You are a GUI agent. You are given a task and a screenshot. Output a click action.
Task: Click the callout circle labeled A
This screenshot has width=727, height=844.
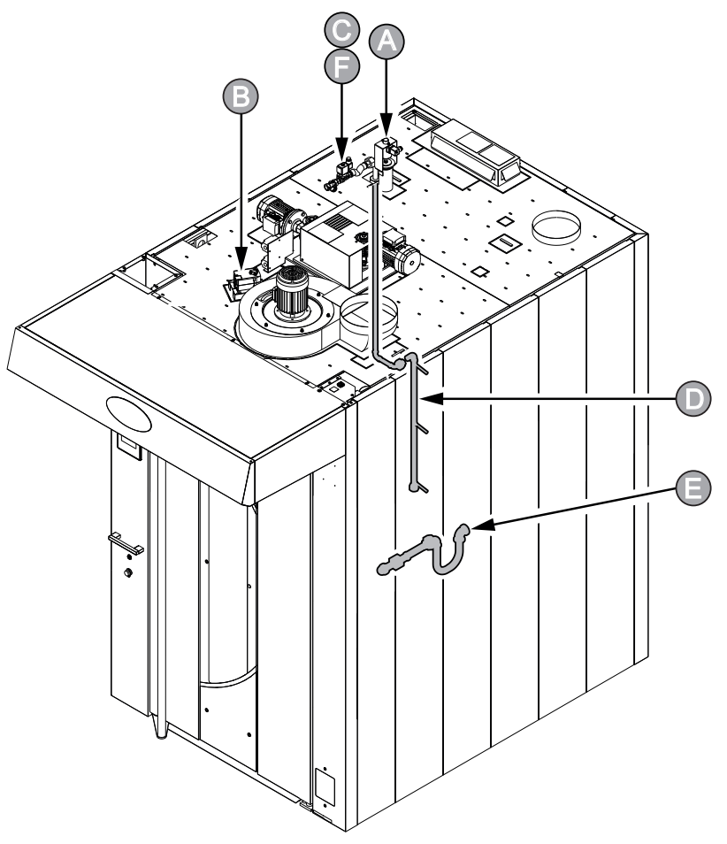[386, 41]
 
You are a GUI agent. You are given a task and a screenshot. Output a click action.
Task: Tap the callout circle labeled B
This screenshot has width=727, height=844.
[241, 97]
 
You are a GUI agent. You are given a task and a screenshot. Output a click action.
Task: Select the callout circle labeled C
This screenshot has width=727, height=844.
[341, 30]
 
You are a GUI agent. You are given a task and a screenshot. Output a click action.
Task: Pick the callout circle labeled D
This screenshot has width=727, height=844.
[693, 398]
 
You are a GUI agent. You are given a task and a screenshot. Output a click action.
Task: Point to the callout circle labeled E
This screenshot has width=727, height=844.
[693, 488]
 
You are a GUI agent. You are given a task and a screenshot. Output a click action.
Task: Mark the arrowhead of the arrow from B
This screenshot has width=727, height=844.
[241, 259]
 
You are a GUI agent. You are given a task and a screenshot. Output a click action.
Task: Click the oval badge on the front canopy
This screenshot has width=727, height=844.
[128, 413]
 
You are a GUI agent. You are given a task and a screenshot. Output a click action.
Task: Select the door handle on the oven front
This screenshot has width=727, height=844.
[126, 543]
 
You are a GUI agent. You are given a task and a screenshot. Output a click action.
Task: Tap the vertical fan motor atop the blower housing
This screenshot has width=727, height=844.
[292, 291]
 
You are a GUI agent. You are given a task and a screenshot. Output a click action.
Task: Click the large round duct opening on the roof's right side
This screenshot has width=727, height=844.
[556, 227]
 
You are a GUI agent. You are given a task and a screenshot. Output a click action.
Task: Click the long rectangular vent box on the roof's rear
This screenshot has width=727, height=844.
[473, 152]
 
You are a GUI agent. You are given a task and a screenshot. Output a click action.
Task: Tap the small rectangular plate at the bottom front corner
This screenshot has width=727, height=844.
[325, 787]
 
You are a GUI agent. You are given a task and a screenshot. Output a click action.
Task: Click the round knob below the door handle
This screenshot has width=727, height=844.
[128, 572]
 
